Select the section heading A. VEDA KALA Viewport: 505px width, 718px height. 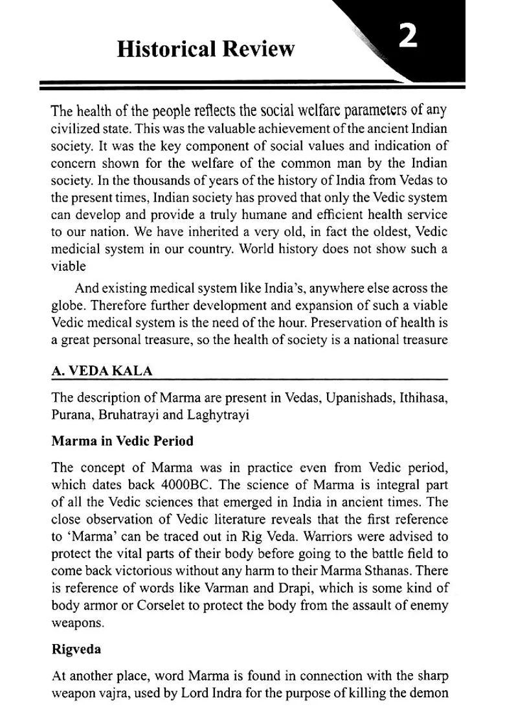click(102, 371)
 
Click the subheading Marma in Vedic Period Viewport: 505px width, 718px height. click(122, 441)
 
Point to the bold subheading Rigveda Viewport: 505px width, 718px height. click(76, 649)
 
